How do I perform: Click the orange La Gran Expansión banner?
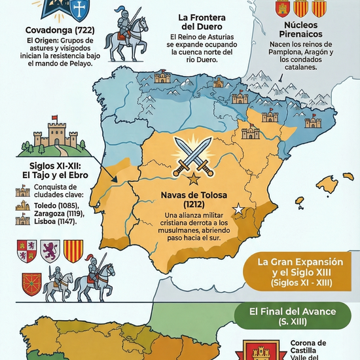click(300, 271)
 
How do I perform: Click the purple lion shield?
click(51, 249)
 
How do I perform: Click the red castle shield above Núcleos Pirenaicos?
click(283, 8)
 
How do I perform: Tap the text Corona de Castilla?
click(308, 348)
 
